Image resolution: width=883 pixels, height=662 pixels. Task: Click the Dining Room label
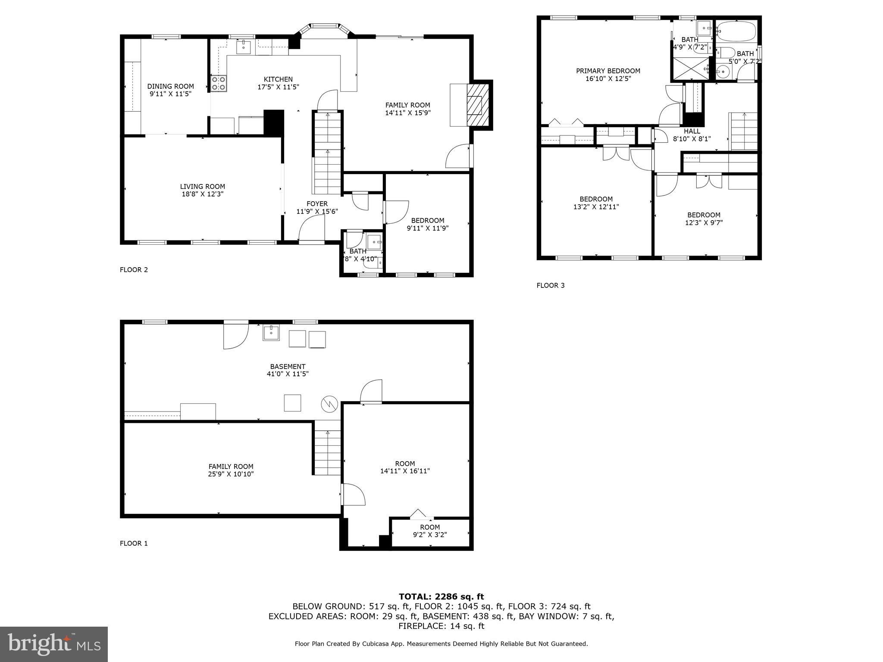(x=170, y=86)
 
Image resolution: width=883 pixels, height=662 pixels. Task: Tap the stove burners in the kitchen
(x=219, y=83)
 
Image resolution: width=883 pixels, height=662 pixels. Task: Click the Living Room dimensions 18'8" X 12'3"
(x=203, y=194)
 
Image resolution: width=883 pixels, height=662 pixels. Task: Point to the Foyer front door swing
(x=311, y=228)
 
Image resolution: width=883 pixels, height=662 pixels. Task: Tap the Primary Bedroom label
(x=608, y=71)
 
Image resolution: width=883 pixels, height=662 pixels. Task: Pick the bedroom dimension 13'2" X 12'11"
(x=596, y=207)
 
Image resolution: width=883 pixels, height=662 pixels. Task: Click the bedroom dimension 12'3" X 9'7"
(x=704, y=223)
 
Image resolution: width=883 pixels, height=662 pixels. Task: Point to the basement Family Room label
(x=231, y=466)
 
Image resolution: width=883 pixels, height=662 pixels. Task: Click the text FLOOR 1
(x=134, y=543)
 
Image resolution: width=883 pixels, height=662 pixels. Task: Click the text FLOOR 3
(x=550, y=285)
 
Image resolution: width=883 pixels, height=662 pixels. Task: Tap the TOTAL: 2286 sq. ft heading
(x=441, y=597)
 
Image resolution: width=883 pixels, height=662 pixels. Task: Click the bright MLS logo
(x=54, y=644)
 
